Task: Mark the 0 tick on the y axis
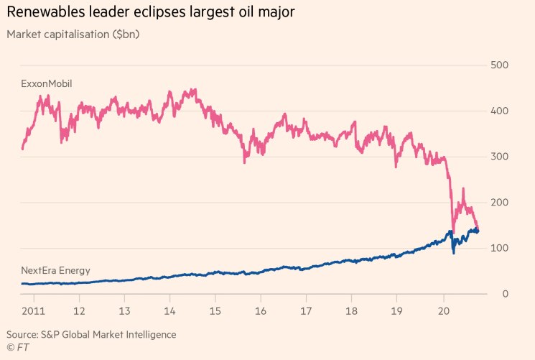click(x=506, y=294)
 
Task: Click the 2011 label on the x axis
click(x=33, y=312)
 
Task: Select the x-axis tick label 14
click(x=169, y=312)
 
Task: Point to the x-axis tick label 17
click(x=306, y=312)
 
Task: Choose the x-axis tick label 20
click(x=443, y=312)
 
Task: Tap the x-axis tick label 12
click(x=79, y=312)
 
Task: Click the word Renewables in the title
click(x=47, y=12)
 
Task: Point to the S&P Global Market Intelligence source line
click(x=91, y=335)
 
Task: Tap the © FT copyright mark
click(x=17, y=348)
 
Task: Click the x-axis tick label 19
click(x=397, y=312)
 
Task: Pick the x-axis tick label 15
click(x=215, y=312)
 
